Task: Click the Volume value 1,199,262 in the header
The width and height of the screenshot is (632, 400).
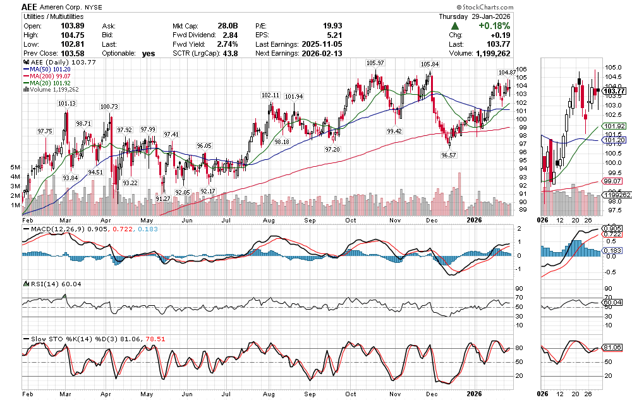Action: coord(492,54)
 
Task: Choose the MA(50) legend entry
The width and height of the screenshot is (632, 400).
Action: coord(47,70)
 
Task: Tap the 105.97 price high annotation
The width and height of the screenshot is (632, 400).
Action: coord(375,63)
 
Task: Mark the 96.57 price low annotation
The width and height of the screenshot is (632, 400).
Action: coord(449,155)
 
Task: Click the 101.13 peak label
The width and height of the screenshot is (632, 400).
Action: coord(66,103)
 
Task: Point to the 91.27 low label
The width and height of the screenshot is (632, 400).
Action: coord(163,199)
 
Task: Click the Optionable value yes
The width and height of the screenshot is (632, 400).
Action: coord(149,54)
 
